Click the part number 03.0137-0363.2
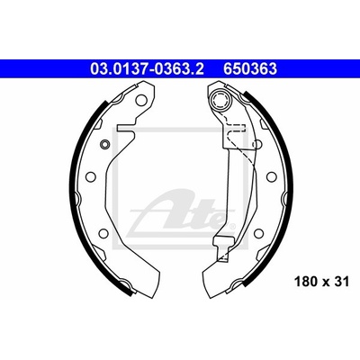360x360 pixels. coord(147,69)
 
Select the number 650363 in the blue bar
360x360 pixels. coord(249,69)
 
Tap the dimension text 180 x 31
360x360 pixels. coord(322,282)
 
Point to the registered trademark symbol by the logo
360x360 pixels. coord(231,225)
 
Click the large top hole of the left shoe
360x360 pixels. coord(142,101)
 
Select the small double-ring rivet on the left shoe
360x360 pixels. coord(105,144)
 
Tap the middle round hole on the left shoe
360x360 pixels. coord(90,176)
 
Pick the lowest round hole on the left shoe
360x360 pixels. coord(103,232)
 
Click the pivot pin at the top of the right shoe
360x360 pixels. coord(220,100)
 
